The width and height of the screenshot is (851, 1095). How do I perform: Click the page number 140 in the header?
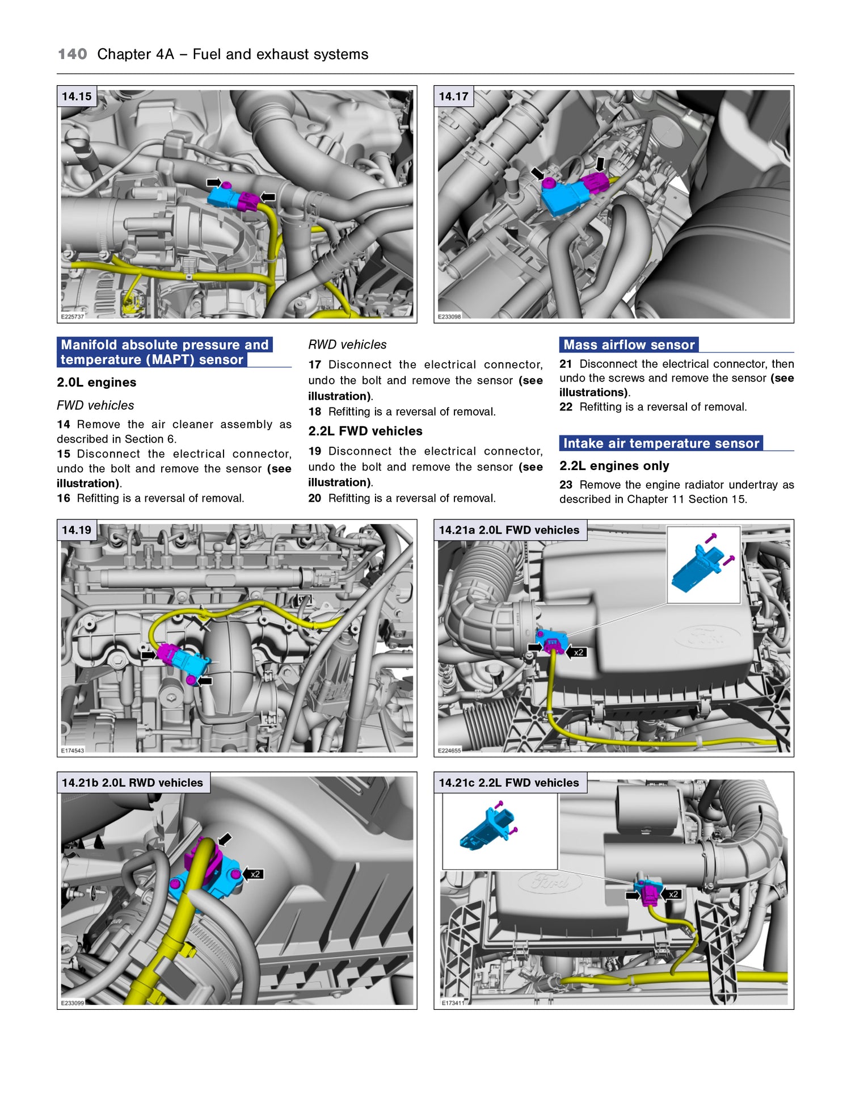[72, 54]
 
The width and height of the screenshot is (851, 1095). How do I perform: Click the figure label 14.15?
[77, 97]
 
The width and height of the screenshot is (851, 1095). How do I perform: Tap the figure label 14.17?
[453, 97]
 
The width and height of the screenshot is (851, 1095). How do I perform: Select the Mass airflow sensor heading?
[629, 345]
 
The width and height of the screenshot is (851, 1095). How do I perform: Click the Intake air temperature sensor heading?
[661, 443]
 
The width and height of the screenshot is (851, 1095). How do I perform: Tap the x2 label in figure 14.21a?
[579, 652]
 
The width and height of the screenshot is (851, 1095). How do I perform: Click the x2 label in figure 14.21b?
[255, 874]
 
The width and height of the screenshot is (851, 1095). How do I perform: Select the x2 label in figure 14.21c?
[673, 894]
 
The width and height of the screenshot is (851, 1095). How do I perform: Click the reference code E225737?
[72, 317]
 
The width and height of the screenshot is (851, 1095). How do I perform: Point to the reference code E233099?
[73, 1003]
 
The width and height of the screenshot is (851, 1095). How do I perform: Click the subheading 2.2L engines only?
[614, 466]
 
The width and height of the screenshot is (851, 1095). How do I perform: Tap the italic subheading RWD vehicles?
[347, 345]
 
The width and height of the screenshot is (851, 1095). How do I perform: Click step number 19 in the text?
[315, 451]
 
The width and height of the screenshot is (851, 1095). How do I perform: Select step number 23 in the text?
[566, 485]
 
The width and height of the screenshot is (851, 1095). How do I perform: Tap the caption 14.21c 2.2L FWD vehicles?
[509, 783]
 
